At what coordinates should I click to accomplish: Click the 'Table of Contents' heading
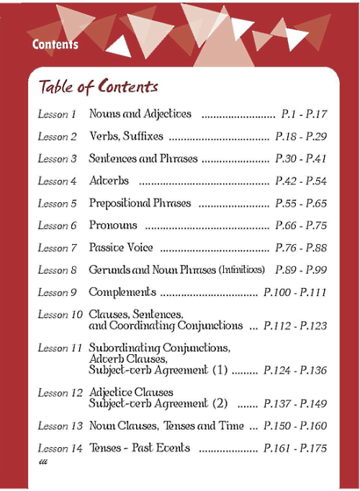(98, 87)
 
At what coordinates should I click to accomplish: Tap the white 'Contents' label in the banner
(55, 45)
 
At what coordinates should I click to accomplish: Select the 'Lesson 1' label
(57, 114)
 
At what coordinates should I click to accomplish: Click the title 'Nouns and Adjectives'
(140, 114)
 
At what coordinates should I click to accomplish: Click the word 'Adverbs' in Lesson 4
(109, 181)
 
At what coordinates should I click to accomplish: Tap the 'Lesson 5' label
(57, 204)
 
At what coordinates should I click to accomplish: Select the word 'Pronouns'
(113, 225)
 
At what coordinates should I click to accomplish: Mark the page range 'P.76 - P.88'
(302, 248)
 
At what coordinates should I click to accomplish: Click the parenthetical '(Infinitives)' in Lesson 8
(241, 270)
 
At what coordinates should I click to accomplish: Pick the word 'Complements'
(122, 292)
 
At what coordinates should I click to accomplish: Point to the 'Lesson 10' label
(60, 315)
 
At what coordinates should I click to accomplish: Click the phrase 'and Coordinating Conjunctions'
(166, 325)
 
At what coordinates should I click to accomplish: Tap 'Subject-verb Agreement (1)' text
(158, 370)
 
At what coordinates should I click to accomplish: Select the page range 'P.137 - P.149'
(295, 404)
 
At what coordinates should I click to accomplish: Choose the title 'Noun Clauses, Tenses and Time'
(166, 426)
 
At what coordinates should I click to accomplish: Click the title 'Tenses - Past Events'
(140, 448)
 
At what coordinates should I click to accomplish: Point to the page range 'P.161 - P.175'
(295, 449)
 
